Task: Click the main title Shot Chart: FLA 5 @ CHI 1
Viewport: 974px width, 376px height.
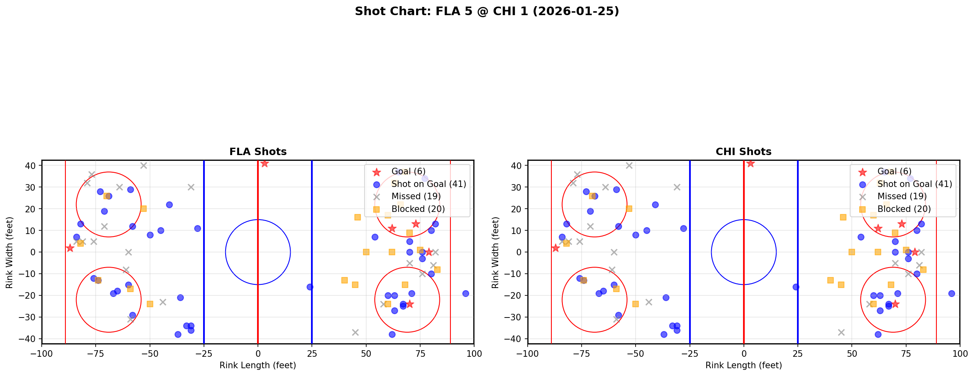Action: pos(487,11)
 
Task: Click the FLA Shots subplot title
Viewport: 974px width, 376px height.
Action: pos(258,152)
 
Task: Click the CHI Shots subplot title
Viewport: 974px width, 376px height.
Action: pos(743,152)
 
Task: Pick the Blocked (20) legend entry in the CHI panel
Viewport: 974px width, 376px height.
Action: pos(904,209)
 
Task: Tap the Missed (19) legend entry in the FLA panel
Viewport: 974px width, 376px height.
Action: pos(416,196)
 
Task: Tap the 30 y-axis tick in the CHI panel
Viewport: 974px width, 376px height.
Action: pos(518,187)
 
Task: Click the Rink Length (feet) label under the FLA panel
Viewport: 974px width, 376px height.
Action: pos(258,365)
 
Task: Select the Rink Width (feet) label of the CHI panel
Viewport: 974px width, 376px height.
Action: pos(495,252)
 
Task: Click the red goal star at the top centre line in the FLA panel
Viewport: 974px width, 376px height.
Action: pos(264,163)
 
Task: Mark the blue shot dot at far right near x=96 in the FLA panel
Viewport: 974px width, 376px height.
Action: pos(466,293)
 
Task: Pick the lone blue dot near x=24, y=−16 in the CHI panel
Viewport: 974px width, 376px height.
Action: pos(795,287)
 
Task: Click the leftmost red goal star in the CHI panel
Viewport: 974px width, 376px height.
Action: pos(555,248)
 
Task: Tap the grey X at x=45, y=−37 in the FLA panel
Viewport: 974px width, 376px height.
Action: pos(355,332)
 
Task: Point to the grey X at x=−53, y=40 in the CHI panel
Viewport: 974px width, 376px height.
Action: pos(629,166)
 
